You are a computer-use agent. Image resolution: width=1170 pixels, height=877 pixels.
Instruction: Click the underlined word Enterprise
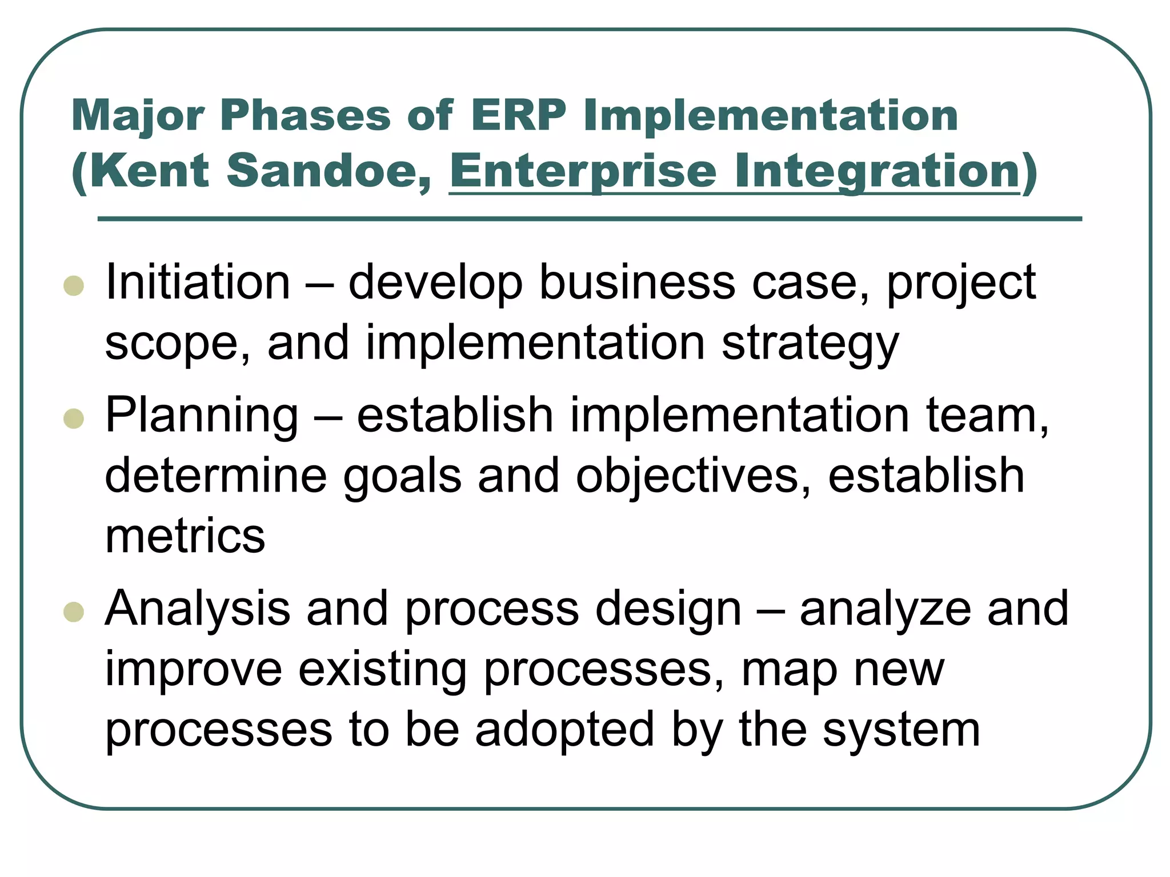coord(582,171)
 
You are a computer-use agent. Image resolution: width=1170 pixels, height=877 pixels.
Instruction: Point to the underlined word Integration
coord(877,171)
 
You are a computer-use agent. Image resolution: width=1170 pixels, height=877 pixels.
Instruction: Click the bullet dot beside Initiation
coord(74,285)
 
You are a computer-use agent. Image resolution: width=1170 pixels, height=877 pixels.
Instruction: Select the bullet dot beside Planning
coord(74,419)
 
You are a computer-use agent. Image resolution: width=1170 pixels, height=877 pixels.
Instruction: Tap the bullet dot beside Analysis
coord(74,612)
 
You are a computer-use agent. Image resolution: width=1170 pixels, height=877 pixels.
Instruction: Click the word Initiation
coord(198,282)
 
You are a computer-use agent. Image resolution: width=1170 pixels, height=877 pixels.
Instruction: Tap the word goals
coord(402,477)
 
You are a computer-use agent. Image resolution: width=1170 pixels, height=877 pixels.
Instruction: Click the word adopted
coord(564,730)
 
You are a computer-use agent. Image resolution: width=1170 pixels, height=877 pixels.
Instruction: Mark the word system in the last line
coord(901,731)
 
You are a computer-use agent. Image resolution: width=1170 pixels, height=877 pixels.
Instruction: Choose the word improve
coord(194,670)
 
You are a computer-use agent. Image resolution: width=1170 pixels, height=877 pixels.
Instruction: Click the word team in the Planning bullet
coord(985,416)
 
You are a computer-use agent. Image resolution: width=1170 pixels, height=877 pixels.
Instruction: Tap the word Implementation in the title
coord(770,115)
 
